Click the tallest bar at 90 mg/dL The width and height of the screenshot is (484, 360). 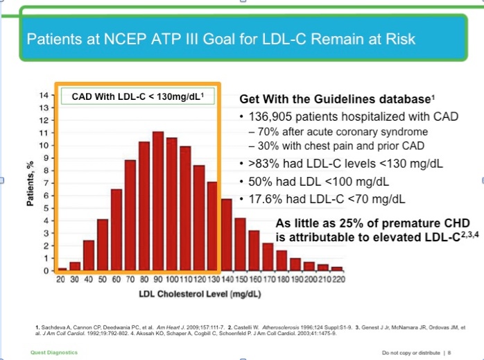tap(158, 201)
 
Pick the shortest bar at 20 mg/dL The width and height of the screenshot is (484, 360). tap(62, 268)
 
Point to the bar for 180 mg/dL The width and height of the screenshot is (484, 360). tap(282, 260)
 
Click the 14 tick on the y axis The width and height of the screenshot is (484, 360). tap(44, 95)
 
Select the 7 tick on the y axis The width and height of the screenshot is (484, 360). tap(45, 183)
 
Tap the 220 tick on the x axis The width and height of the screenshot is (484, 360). tap(338, 279)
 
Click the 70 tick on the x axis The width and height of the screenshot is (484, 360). tap(129, 279)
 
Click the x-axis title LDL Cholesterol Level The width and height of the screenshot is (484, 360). tap(198, 293)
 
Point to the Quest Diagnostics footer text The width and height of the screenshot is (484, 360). tap(53, 352)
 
